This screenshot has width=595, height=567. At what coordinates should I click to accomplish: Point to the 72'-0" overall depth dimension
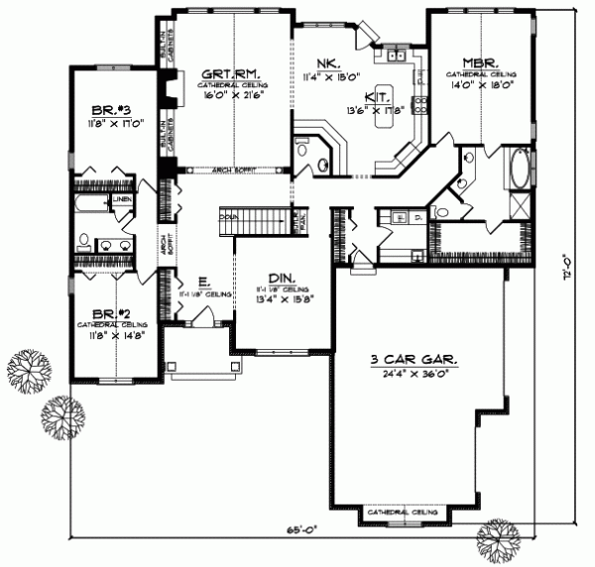[x=566, y=268]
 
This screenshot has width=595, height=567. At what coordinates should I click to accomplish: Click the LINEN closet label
[x=122, y=200]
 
